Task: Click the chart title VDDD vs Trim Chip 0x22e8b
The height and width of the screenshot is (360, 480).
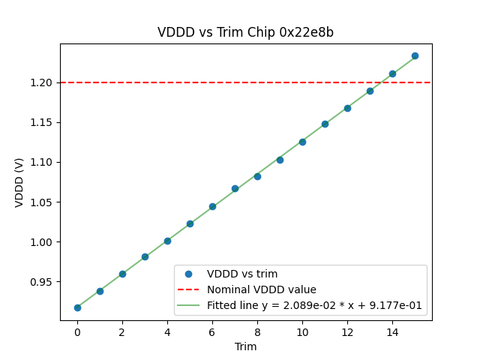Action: [245, 32]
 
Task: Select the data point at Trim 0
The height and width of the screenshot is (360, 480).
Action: [77, 307]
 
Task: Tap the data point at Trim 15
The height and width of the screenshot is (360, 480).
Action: [415, 55]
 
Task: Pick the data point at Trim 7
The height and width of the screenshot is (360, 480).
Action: [235, 188]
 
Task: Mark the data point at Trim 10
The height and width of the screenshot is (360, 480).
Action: [302, 142]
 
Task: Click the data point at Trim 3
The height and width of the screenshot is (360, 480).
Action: [145, 256]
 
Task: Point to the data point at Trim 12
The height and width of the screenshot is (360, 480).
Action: [347, 108]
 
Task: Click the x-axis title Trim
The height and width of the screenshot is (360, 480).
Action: [245, 346]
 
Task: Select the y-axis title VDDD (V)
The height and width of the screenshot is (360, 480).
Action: [20, 182]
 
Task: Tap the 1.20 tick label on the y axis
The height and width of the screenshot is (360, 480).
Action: [43, 82]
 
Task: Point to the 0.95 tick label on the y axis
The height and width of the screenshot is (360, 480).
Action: [43, 282]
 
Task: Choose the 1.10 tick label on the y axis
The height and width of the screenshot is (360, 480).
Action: [43, 162]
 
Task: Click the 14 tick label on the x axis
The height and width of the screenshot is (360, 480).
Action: [392, 331]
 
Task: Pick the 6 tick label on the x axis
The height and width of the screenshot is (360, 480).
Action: [212, 331]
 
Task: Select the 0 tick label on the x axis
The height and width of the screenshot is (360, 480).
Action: [77, 331]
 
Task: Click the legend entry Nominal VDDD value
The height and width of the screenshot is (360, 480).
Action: [261, 289]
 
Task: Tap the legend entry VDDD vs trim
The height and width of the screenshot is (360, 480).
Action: [242, 274]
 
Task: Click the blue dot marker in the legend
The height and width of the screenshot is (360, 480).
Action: [189, 274]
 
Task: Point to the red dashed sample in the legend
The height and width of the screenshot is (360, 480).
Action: [189, 289]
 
